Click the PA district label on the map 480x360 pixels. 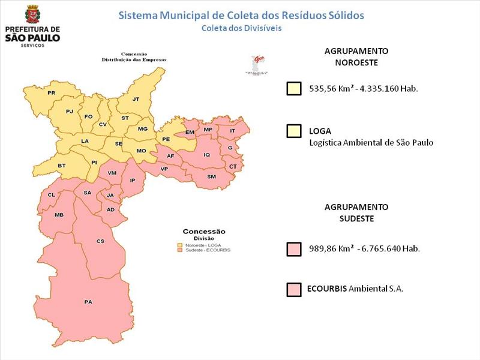pos(88,301)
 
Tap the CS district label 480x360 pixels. pos(101,241)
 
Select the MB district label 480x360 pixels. pos(59,215)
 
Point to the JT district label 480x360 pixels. pos(136,99)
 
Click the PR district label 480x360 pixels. pos(52,93)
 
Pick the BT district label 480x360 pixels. pos(61,165)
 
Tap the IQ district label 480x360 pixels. pos(207,155)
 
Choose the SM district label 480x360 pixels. pos(211,176)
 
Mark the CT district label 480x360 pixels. pos(233,166)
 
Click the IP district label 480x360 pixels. pos(133,180)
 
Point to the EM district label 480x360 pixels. pos(190,132)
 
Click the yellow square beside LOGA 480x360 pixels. pos(294,131)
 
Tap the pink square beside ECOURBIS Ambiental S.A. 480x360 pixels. pos(294,290)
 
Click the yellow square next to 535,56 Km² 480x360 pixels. pos(294,89)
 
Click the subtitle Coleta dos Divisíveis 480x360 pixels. pos(241,28)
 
